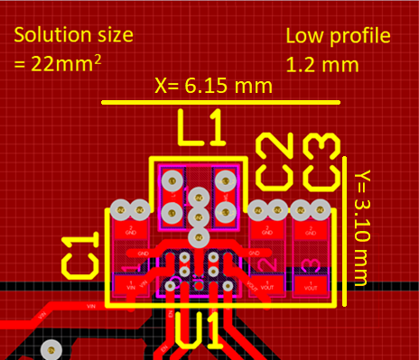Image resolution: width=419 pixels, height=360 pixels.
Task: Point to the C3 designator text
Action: [x=321, y=161]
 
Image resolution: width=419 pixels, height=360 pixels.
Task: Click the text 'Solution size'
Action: [x=73, y=36]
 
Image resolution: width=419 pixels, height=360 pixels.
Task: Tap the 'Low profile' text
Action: [x=338, y=36]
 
